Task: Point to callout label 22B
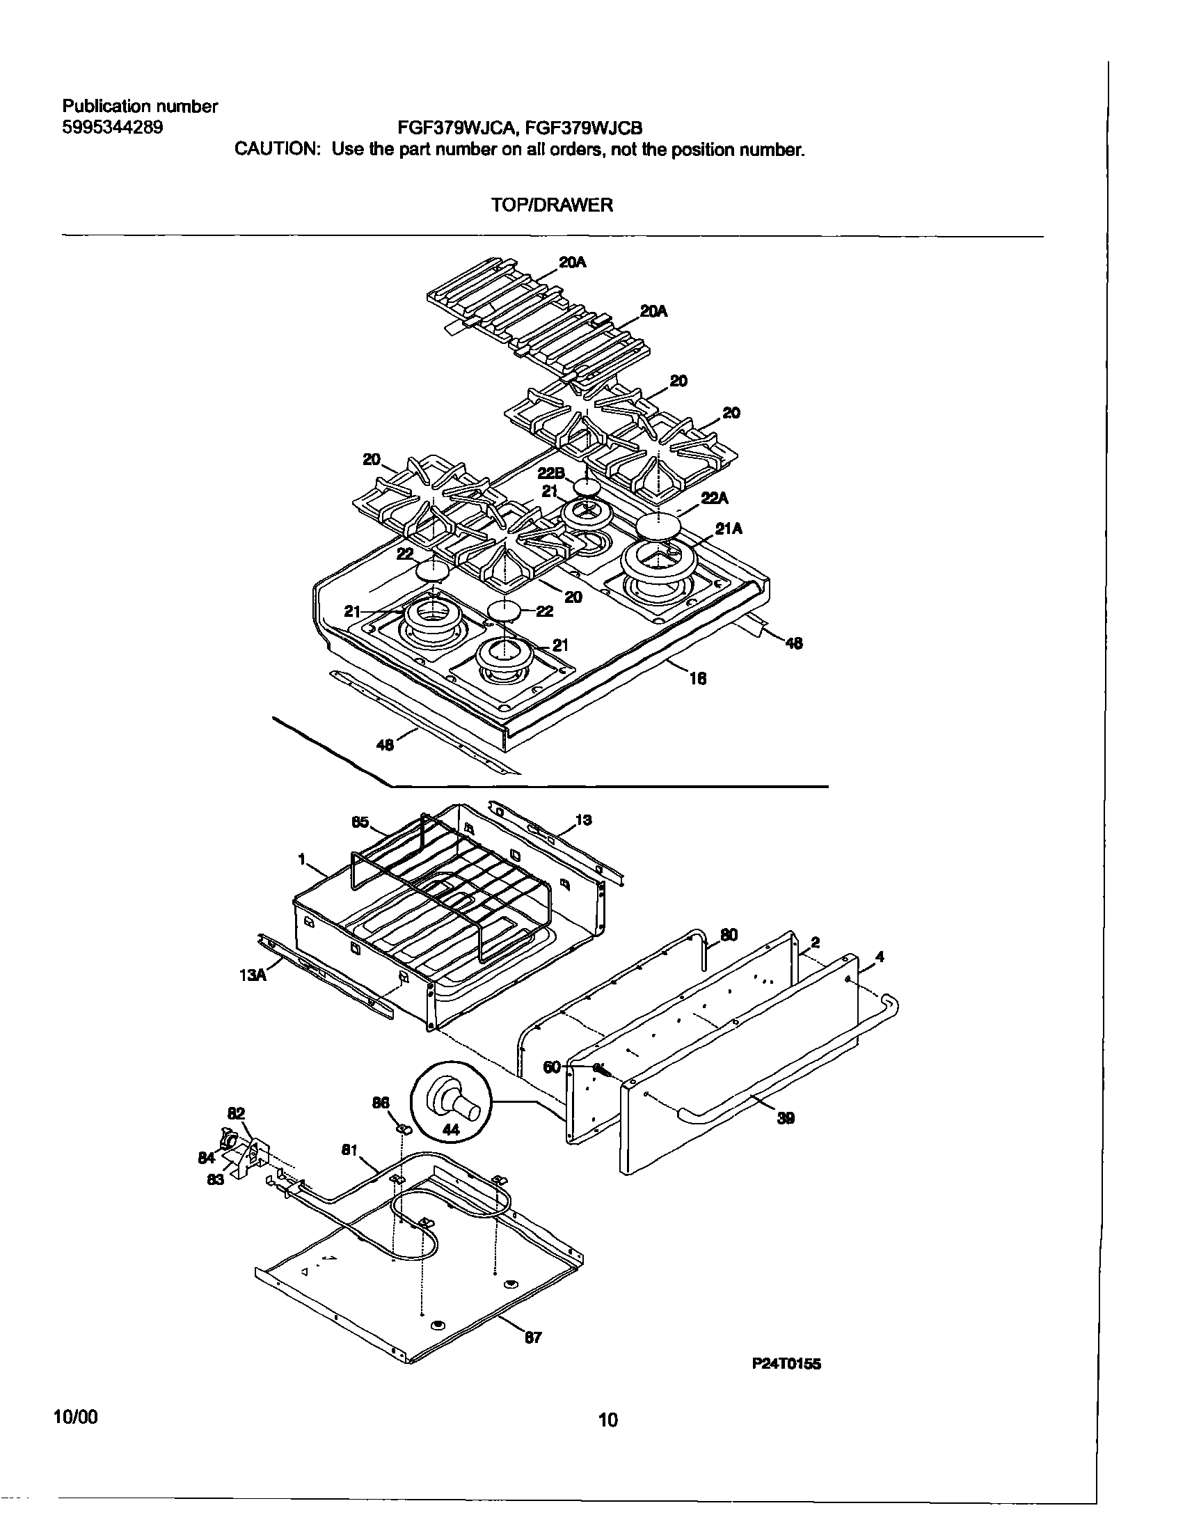(551, 473)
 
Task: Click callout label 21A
(729, 529)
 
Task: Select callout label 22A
(715, 498)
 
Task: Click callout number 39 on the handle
(786, 1118)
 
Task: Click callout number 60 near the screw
(551, 1067)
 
